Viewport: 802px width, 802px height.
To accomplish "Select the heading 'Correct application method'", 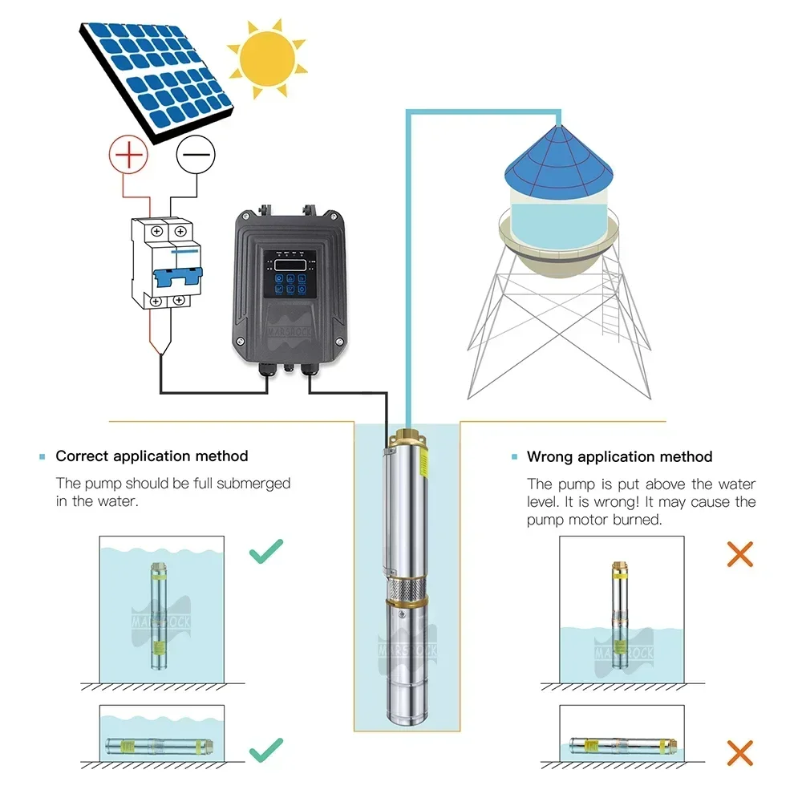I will pyautogui.click(x=152, y=456).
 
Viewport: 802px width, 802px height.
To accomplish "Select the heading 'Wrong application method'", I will pyautogui.click(x=619, y=457).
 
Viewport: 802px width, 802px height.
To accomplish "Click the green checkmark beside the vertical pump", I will pyautogui.click(x=266, y=553).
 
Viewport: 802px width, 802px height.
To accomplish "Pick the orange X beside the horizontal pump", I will pyautogui.click(x=739, y=751).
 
